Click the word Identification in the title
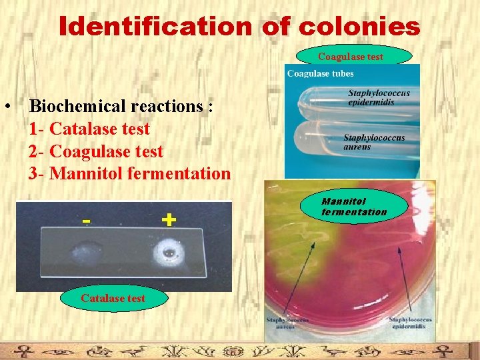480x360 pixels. (154, 27)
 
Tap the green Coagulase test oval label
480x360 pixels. (351, 57)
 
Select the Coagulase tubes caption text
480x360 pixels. (321, 73)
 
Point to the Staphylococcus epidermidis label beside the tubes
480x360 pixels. (379, 97)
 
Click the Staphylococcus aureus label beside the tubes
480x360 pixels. (374, 142)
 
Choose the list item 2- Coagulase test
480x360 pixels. (96, 151)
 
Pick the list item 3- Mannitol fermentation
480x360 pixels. (130, 174)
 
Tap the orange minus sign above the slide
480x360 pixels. (86, 220)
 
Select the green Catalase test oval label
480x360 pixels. (113, 298)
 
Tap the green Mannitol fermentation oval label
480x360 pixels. (354, 207)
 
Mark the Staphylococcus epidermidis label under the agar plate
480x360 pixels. (410, 323)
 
